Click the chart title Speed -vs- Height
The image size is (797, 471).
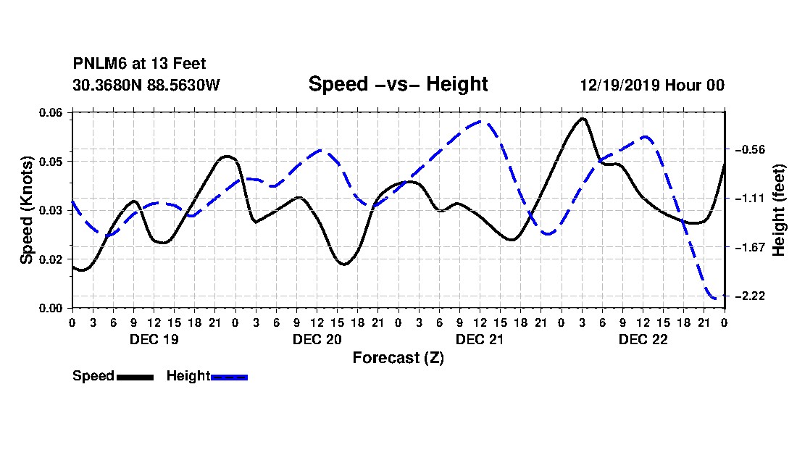[398, 84]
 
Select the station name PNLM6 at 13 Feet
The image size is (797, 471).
[139, 64]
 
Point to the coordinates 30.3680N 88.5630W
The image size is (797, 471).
[146, 85]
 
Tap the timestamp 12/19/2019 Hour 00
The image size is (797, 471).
[652, 85]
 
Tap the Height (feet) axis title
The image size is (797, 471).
[778, 210]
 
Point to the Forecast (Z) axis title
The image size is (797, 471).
[398, 358]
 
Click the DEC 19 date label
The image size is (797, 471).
[154, 339]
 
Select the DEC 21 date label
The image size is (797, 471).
[480, 339]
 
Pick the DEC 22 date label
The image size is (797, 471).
[643, 339]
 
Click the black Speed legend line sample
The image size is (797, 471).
[135, 377]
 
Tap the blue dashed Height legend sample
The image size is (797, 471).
[229, 377]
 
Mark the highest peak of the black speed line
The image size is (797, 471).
[583, 118]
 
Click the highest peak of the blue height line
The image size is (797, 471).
[480, 122]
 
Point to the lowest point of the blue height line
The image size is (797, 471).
[717, 298]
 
